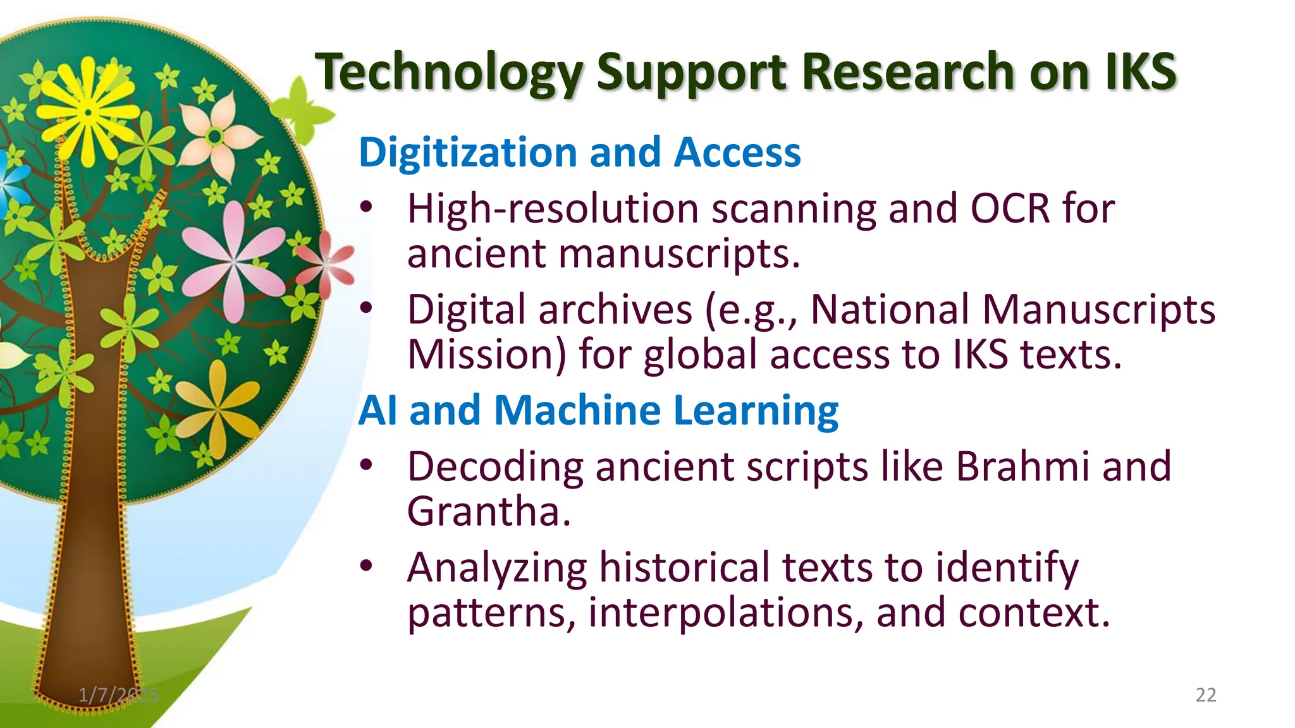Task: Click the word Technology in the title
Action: (x=450, y=73)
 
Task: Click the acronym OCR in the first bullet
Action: (x=1010, y=209)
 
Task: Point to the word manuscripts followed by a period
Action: (x=679, y=253)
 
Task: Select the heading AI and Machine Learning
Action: (x=598, y=410)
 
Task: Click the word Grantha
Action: (x=488, y=511)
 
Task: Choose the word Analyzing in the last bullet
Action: (x=497, y=567)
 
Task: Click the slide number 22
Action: (x=1205, y=695)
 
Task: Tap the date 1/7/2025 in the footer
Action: (x=119, y=695)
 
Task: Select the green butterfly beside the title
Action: (x=304, y=111)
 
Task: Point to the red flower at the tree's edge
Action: (x=326, y=264)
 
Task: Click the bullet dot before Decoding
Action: (x=366, y=466)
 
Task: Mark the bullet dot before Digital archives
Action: (x=366, y=309)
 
